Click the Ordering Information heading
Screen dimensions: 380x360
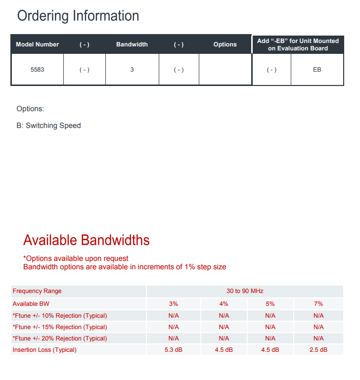click(78, 16)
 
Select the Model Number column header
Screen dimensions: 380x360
click(37, 44)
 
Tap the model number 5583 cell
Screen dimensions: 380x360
click(37, 70)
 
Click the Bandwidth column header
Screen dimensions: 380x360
click(132, 44)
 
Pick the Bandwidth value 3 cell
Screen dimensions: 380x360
click(132, 70)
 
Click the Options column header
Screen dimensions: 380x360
click(225, 44)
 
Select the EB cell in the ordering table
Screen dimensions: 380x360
click(317, 70)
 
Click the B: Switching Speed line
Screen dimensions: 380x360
click(48, 126)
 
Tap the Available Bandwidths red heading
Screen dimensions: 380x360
click(87, 240)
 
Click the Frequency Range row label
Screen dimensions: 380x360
click(37, 291)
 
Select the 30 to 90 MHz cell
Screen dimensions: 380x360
click(245, 291)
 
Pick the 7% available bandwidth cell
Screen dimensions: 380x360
click(318, 304)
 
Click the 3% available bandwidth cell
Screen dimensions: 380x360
click(174, 304)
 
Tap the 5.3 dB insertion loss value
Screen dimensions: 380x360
click(174, 350)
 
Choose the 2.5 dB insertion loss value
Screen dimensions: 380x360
click(318, 350)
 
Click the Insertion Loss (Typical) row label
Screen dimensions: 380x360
click(45, 350)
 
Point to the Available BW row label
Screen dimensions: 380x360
click(31, 304)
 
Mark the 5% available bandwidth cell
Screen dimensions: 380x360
click(270, 304)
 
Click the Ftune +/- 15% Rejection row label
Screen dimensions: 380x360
click(59, 327)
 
